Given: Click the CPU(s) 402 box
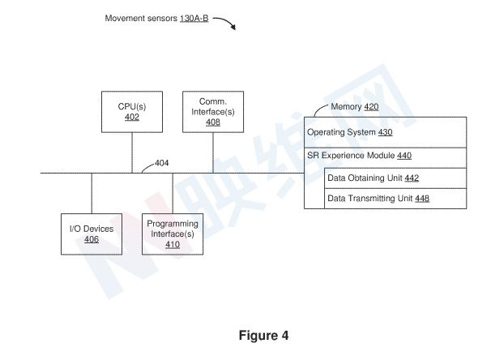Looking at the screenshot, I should tap(132, 112).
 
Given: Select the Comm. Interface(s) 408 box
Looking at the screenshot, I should tap(213, 112).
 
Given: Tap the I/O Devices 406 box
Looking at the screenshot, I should tap(92, 234).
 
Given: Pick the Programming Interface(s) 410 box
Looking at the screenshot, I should tap(173, 234).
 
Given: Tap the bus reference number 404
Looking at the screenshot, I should tap(162, 163).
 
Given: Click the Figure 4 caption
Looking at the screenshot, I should tap(263, 335).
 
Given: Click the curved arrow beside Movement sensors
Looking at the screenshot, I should tap(224, 23).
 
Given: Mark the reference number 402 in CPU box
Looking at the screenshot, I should tap(132, 118).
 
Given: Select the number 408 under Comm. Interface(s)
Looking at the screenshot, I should tap(213, 122).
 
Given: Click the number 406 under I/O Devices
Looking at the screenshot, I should tap(92, 240).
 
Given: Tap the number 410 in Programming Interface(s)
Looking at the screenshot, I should tap(173, 245).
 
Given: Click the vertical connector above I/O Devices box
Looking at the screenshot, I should tap(92, 193).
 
